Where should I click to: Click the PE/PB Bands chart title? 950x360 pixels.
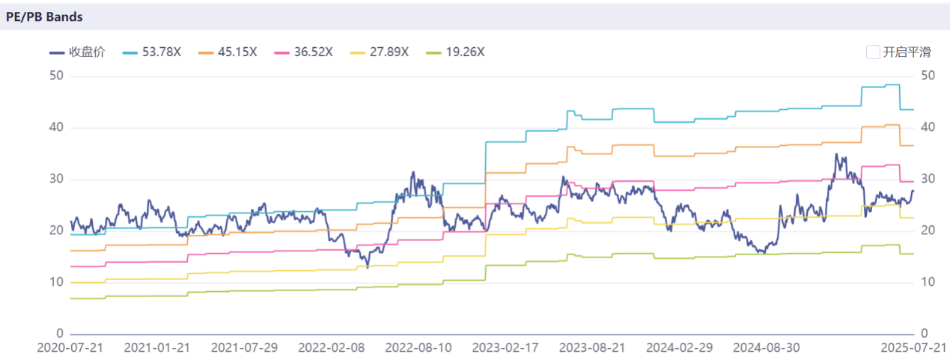[x=44, y=16]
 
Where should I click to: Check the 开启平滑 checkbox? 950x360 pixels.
[x=872, y=52]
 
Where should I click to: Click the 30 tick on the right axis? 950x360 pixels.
[x=928, y=180]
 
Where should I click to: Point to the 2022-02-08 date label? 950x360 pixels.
[x=331, y=348]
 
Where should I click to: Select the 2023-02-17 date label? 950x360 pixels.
[x=505, y=348]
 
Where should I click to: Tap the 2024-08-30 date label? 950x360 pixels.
[x=765, y=348]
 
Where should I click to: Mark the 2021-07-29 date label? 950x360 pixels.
[x=244, y=348]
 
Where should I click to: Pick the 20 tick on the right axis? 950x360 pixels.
[x=928, y=231]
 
